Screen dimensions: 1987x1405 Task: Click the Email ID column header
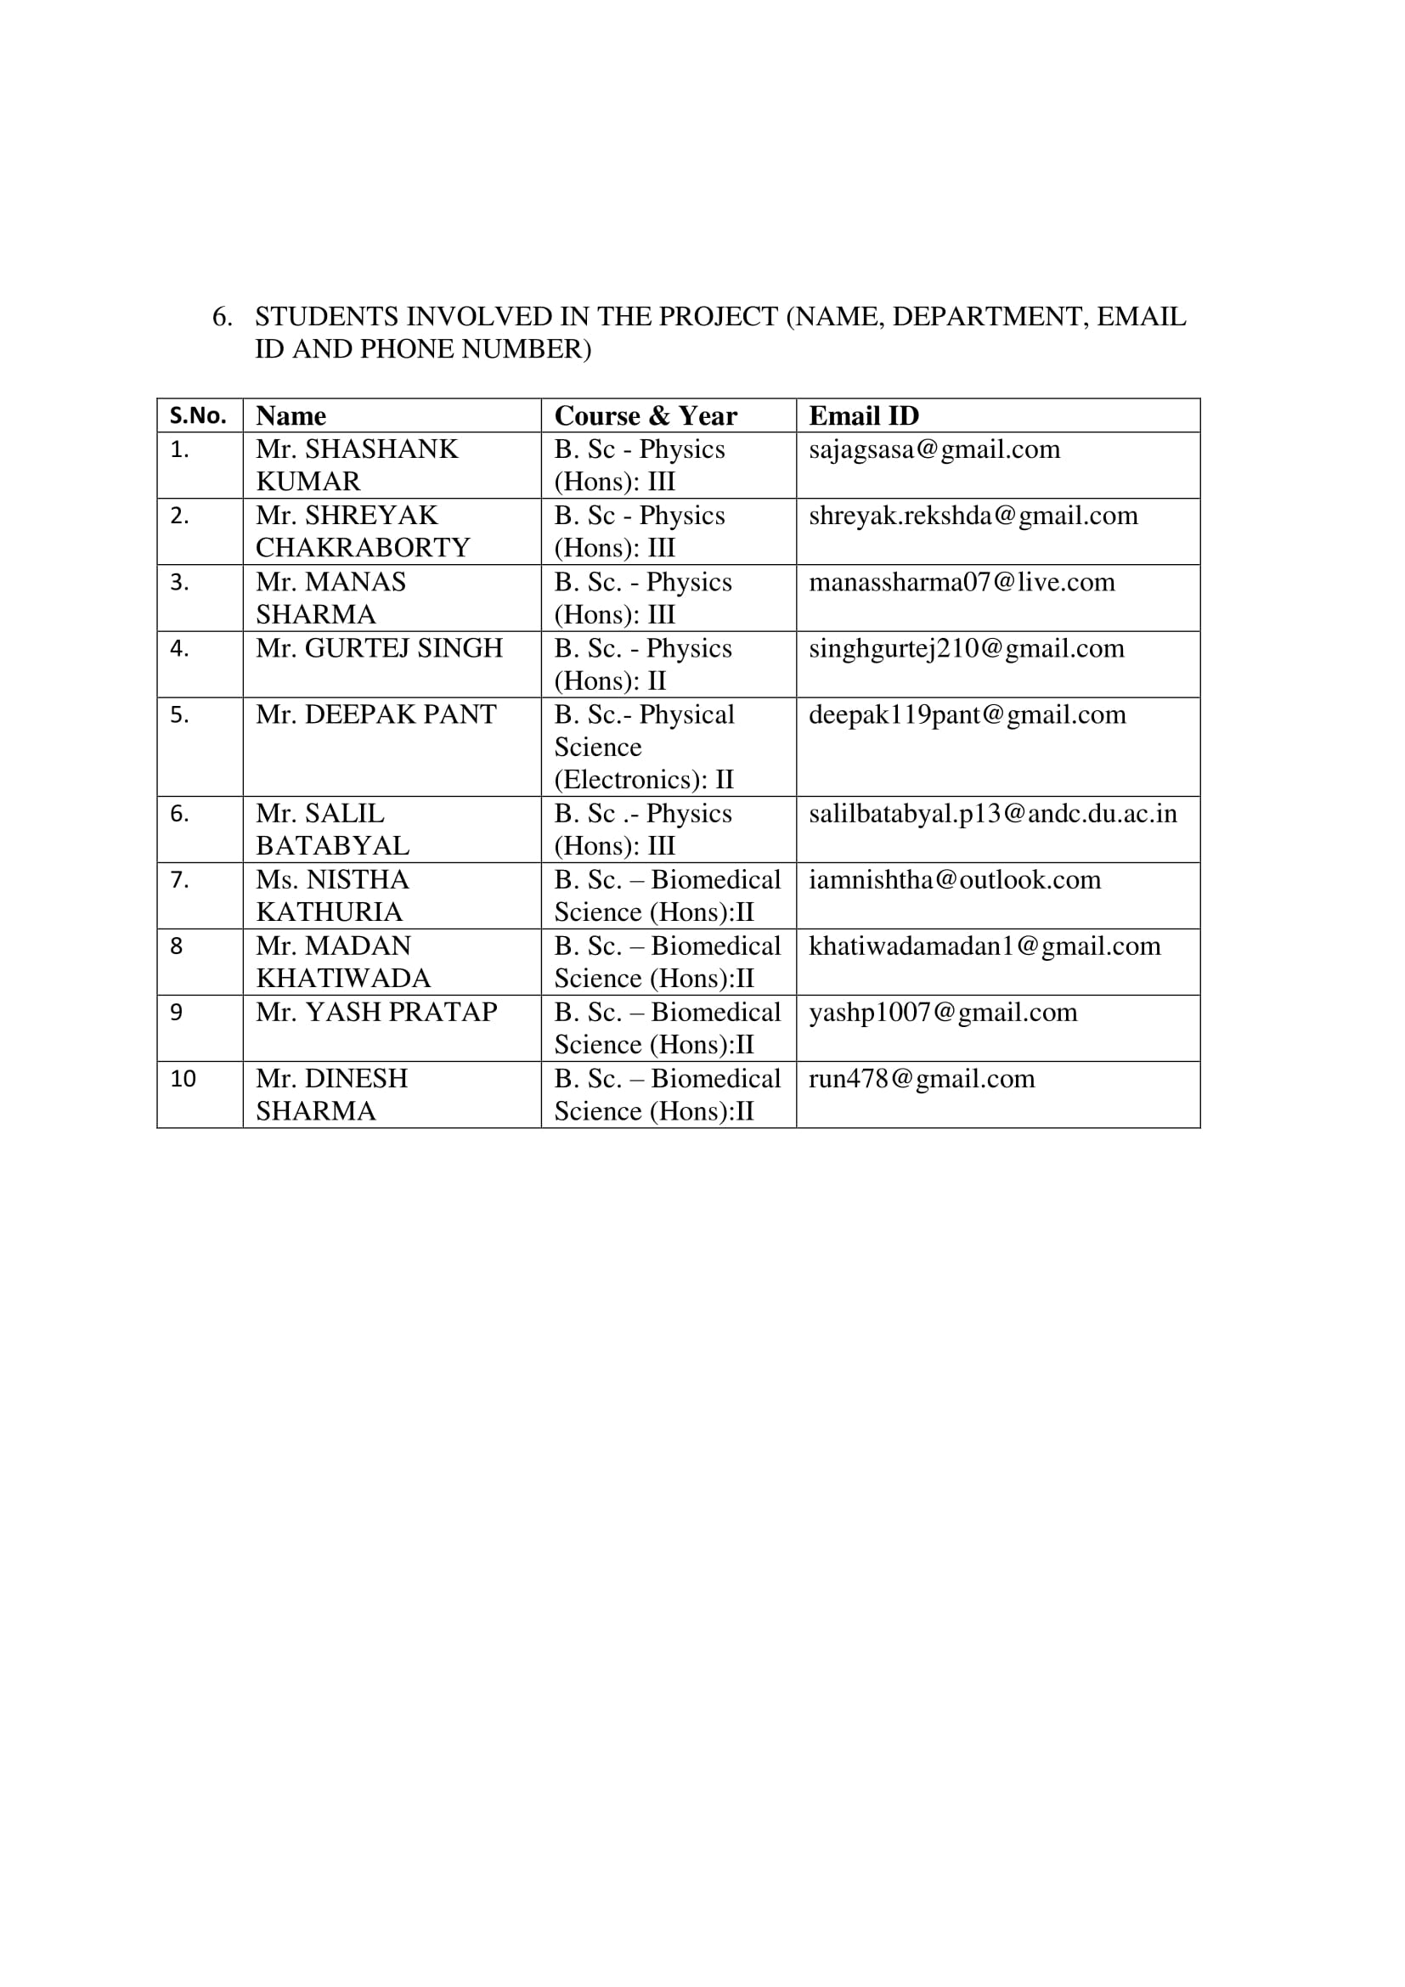tap(863, 416)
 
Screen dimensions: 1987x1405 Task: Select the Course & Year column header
tap(646, 416)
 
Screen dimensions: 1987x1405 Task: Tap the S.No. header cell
tap(198, 416)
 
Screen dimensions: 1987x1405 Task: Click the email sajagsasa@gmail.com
tap(934, 450)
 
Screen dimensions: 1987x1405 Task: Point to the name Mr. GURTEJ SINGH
tap(379, 648)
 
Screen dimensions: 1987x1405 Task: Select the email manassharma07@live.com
tap(962, 583)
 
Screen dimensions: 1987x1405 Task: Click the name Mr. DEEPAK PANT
tap(376, 714)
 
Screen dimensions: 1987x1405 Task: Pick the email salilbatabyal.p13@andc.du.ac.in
tap(992, 814)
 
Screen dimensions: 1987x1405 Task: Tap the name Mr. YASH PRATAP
tap(376, 1013)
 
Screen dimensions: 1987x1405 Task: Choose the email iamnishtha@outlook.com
tap(954, 880)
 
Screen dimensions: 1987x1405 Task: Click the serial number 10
tap(183, 1079)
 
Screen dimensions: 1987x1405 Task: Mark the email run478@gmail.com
tap(922, 1079)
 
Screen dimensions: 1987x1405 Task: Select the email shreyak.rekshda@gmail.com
tap(973, 516)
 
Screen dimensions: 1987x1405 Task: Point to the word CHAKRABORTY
tap(363, 548)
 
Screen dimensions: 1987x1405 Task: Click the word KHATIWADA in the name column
tap(342, 979)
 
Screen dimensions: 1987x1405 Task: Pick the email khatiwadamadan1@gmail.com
tap(985, 946)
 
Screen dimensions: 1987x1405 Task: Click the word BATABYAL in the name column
tap(333, 845)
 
